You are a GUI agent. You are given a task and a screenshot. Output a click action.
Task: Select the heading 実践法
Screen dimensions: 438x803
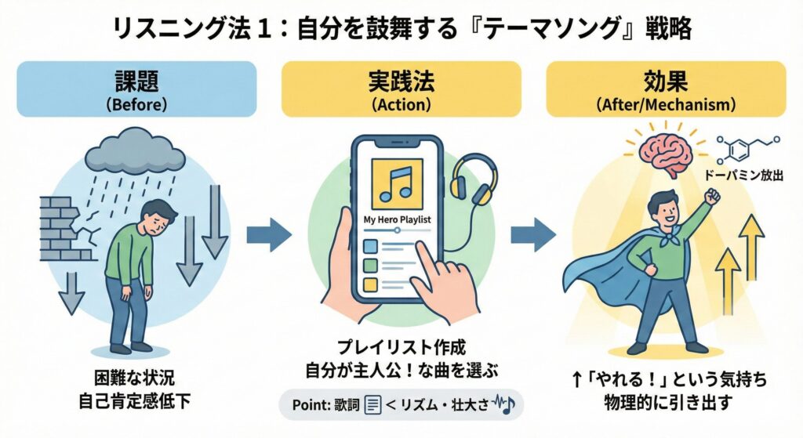tap(401, 81)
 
